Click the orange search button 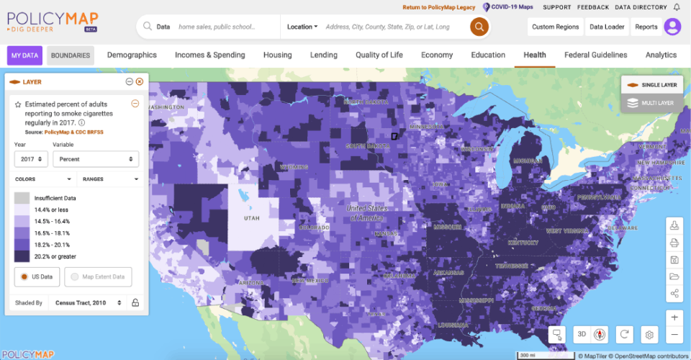click(x=479, y=27)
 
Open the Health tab click(x=534, y=55)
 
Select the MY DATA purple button click(x=24, y=55)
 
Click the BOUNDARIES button click(x=71, y=55)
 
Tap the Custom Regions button click(x=555, y=27)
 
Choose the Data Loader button click(x=606, y=27)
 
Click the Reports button click(x=646, y=27)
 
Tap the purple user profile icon click(x=672, y=27)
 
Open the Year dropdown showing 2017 click(x=30, y=159)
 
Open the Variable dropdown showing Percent click(x=96, y=159)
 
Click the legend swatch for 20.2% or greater click(x=22, y=256)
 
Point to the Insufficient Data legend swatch click(x=22, y=198)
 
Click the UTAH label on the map click(x=252, y=217)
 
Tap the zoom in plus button click(x=674, y=318)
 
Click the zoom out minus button click(x=674, y=335)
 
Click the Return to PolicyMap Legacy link click(x=438, y=7)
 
